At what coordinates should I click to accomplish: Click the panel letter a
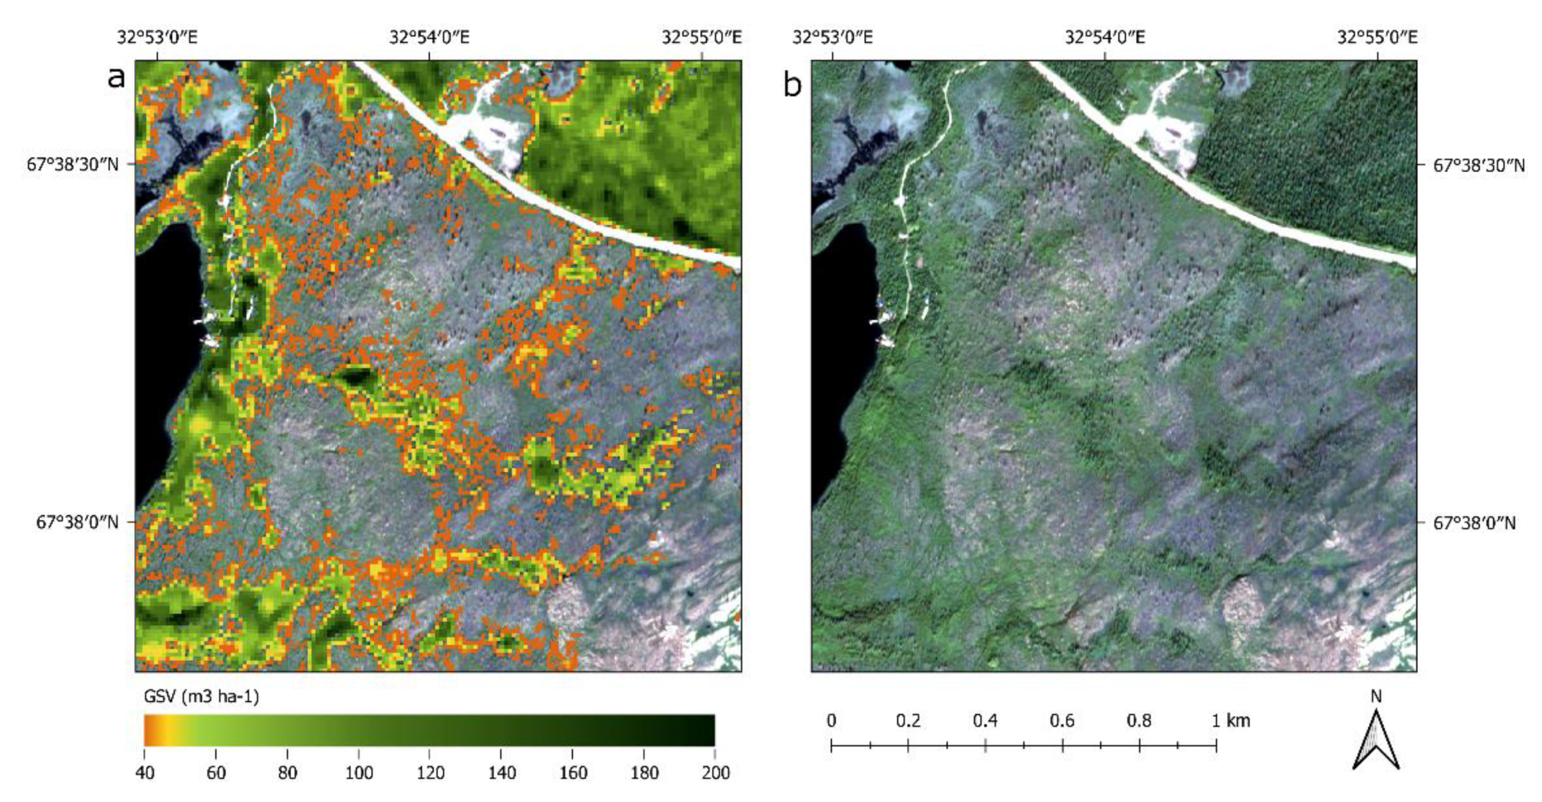point(116,78)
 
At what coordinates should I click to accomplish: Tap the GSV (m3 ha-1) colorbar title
point(201,697)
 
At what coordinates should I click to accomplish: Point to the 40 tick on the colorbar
point(144,773)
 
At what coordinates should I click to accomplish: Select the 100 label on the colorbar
point(359,773)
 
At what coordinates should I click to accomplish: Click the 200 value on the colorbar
point(715,773)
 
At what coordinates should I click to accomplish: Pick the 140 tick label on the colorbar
point(501,773)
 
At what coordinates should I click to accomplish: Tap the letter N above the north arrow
point(1376,697)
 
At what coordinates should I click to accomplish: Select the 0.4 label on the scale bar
point(985,720)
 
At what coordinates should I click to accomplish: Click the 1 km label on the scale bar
point(1231,720)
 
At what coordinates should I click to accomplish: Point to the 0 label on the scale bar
point(832,720)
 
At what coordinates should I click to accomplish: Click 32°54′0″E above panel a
point(429,38)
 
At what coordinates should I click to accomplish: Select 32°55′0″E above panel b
point(1377,38)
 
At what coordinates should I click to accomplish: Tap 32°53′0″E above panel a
point(157,38)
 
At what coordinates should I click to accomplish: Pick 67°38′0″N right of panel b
point(1474,523)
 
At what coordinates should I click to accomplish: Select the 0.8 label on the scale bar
point(1138,720)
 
